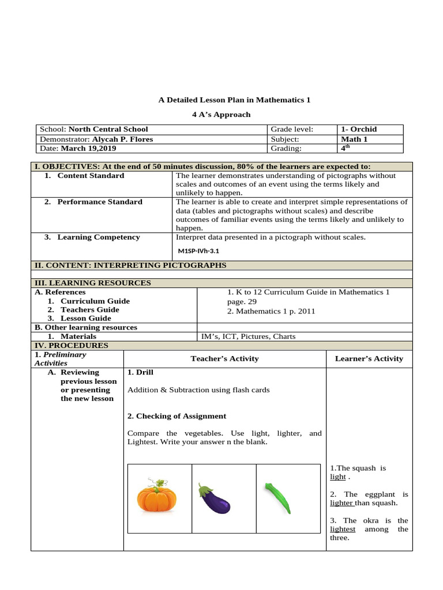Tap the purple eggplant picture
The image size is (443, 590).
pos(215,498)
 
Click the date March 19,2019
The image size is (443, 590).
pos(92,149)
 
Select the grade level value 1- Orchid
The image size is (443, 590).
pos(359,129)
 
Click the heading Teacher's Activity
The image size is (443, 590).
pos(224,358)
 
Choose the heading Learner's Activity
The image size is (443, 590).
pos(369,358)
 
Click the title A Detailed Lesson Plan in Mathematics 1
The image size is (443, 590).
pos(234,100)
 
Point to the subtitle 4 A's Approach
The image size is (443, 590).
pos(221,114)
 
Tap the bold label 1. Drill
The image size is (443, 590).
pos(140,372)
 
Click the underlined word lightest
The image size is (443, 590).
pos(342,529)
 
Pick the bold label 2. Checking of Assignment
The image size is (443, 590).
pos(177,415)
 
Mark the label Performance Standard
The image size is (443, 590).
pos(100,202)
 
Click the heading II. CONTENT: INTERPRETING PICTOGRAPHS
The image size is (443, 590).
pos(130,265)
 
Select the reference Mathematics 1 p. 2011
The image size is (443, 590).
pos(271,311)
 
